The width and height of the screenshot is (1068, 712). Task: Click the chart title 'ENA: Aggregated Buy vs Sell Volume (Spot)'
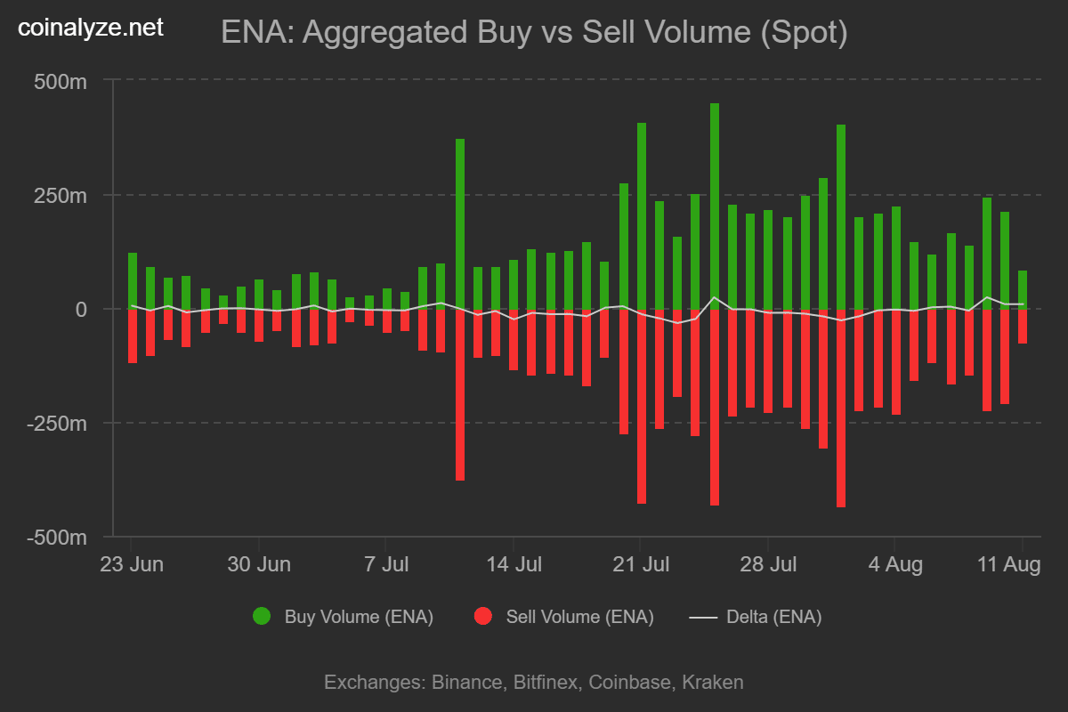[x=534, y=33]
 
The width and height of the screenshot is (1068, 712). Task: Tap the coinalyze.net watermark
[x=91, y=28]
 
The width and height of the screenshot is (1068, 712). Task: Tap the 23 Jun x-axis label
[x=131, y=564]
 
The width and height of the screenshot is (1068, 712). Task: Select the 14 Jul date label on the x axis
[x=514, y=564]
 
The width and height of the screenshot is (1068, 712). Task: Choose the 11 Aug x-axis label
[x=1009, y=564]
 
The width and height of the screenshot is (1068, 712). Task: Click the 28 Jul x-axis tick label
[x=768, y=564]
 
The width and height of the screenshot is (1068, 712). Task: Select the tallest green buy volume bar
[x=714, y=206]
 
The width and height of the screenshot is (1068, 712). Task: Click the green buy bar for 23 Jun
[x=132, y=280]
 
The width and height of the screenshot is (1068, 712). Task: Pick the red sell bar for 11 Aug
[x=1023, y=326]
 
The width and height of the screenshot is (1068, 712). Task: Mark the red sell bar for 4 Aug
[x=895, y=361]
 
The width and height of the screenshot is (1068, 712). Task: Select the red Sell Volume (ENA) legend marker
[x=482, y=617]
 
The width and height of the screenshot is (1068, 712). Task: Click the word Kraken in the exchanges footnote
[x=713, y=683]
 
